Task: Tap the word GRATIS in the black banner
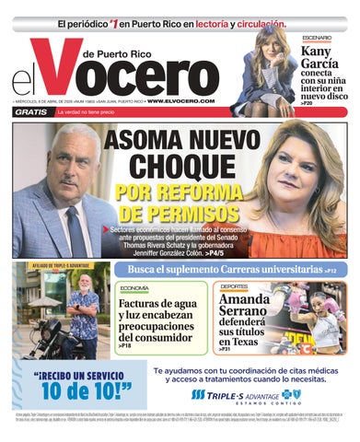30,111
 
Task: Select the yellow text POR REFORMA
187,194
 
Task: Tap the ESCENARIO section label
318,38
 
